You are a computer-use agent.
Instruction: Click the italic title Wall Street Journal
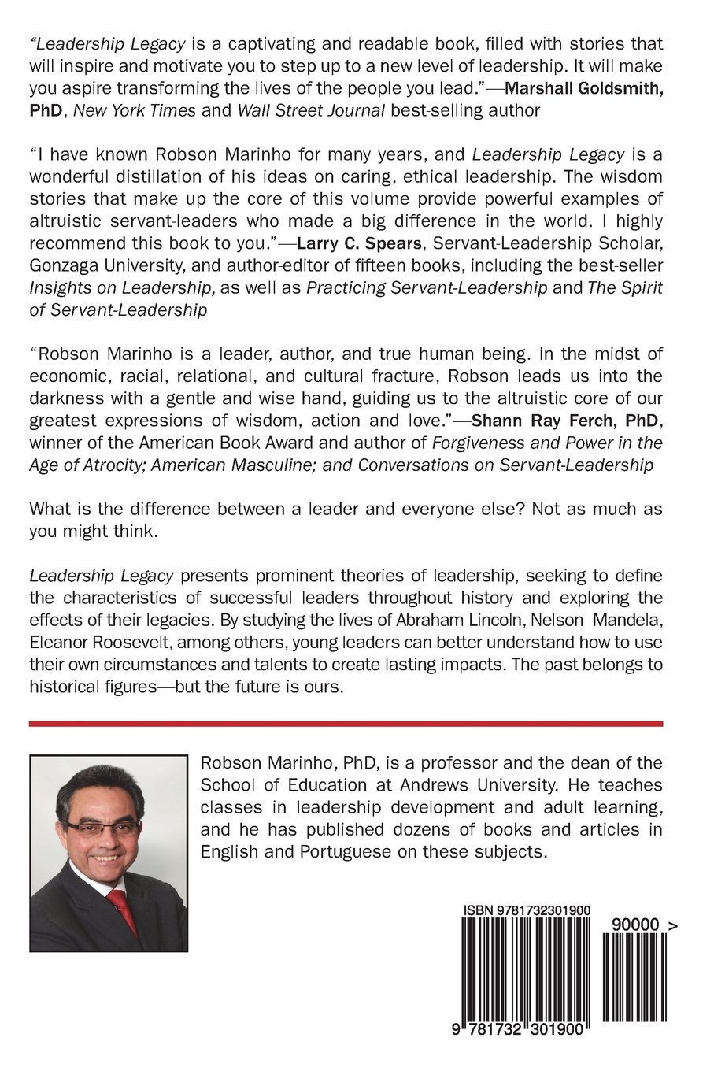coord(311,110)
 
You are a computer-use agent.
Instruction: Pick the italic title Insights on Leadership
coord(122,287)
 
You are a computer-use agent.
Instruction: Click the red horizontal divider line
coord(346,723)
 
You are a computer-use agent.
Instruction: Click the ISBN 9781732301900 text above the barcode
coord(527,910)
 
